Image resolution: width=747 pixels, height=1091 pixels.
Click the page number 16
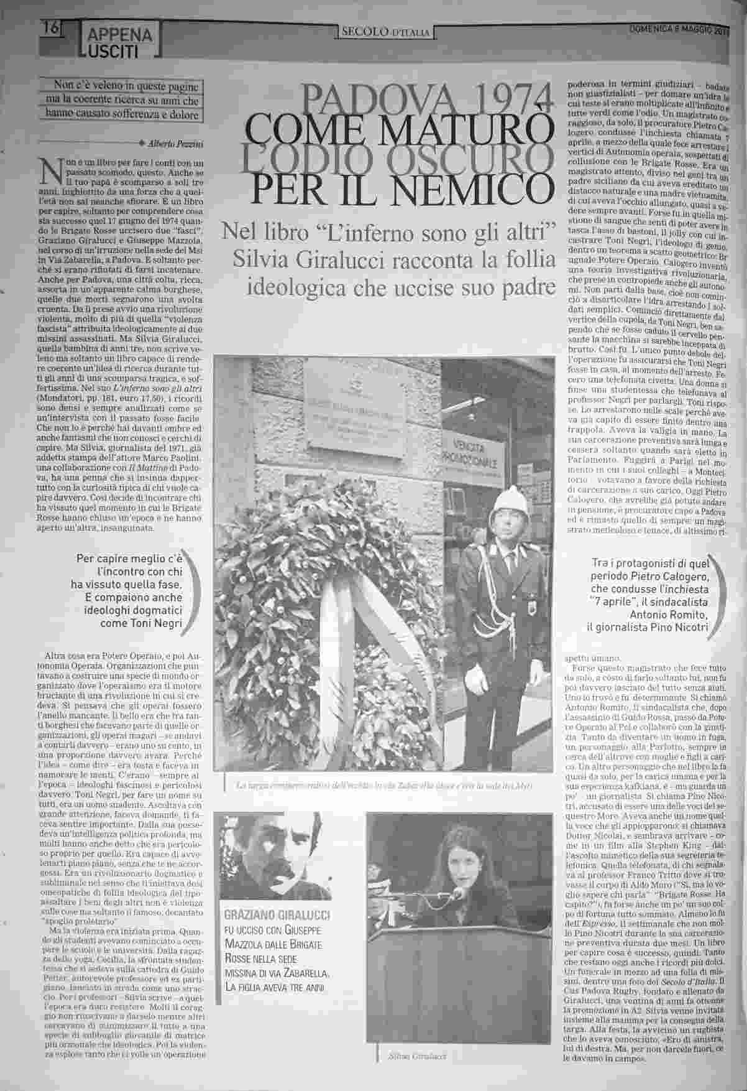click(51, 28)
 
